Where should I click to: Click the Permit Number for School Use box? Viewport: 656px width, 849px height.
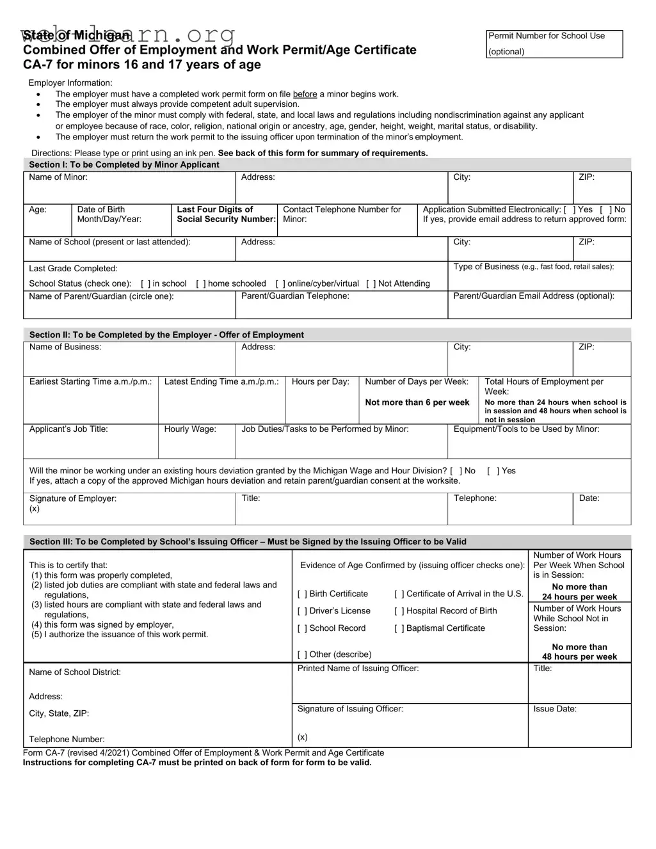tap(554, 44)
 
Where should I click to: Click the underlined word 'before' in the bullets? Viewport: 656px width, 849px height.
tap(305, 94)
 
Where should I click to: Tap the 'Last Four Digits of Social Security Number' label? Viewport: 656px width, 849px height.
tap(225, 214)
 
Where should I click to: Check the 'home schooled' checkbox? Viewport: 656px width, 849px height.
tap(201, 284)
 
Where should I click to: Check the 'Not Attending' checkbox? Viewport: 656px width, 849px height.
tap(371, 284)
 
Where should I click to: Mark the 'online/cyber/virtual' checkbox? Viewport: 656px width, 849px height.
tap(280, 284)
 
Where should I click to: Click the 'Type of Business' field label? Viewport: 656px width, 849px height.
tap(486, 267)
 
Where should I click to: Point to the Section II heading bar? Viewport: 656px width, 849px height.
tap(327, 335)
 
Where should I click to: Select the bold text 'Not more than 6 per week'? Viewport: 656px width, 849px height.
tap(417, 402)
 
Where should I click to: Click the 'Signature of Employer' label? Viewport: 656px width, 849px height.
tap(73, 498)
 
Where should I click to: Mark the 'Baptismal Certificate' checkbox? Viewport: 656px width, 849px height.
tap(399, 629)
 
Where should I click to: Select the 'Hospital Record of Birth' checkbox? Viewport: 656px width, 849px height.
tap(399, 612)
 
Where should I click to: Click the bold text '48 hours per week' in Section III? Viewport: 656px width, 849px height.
tap(579, 656)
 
